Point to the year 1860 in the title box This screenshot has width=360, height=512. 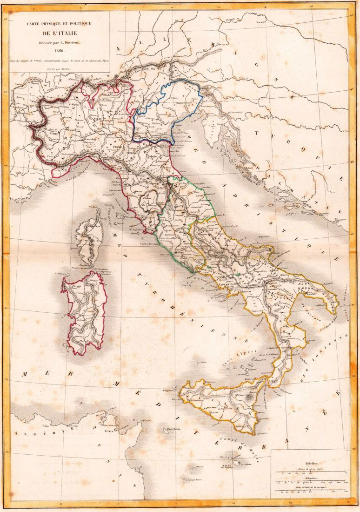click(59, 51)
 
